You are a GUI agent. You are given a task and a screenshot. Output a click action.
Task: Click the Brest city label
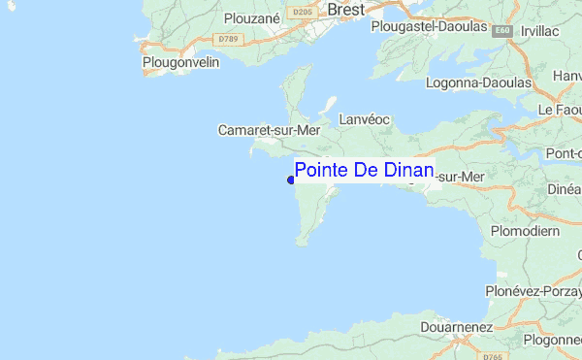pyautogui.click(x=346, y=9)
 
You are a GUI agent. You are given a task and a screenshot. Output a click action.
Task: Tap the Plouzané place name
pyautogui.click(x=252, y=17)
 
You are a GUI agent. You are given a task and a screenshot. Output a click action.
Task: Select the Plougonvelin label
pyautogui.click(x=181, y=62)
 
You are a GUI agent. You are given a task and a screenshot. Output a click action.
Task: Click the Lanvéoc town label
pyautogui.click(x=365, y=119)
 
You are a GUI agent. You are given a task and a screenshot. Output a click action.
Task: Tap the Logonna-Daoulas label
pyautogui.click(x=478, y=82)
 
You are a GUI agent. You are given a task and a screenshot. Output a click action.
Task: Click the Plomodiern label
pyautogui.click(x=525, y=231)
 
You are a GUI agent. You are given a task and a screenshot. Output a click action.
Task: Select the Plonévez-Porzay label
pyautogui.click(x=533, y=291)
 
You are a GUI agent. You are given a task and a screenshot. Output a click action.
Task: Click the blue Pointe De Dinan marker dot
pyautogui.click(x=290, y=180)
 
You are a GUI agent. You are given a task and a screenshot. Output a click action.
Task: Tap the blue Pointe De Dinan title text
pyautogui.click(x=364, y=170)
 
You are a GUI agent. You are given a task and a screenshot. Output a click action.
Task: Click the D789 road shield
pyautogui.click(x=228, y=39)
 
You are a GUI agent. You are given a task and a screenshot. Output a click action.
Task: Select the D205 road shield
pyautogui.click(x=305, y=11)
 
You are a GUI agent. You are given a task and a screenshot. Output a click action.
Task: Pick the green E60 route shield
pyautogui.click(x=501, y=31)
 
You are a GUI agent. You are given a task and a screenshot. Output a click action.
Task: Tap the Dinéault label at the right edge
pyautogui.click(x=564, y=190)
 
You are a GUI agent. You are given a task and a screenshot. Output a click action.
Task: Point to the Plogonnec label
pyautogui.click(x=552, y=340)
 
